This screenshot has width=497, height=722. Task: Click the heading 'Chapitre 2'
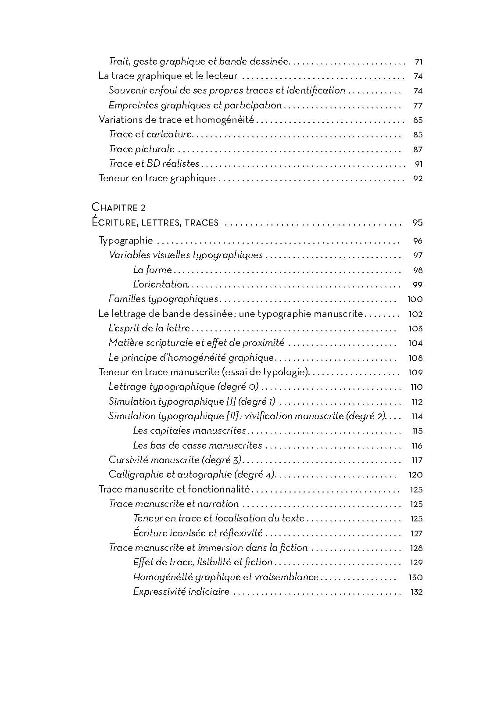pos(118,207)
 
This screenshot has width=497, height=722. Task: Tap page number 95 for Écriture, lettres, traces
pos(417,223)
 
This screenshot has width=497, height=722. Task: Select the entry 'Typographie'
pos(126,241)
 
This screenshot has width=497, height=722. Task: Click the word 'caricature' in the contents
pos(169,134)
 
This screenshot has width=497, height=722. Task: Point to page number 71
pos(418,61)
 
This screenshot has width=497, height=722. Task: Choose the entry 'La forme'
pos(152,270)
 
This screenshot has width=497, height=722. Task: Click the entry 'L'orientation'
pos(161,284)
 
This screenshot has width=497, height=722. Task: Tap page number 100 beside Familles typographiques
pos(415,299)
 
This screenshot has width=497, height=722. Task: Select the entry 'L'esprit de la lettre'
pos(149,328)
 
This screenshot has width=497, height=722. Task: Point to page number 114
pos(416,416)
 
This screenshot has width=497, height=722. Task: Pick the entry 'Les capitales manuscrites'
pos(189,431)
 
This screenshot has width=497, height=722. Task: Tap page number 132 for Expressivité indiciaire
pos(416,592)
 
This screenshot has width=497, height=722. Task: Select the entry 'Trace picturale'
pos(142,149)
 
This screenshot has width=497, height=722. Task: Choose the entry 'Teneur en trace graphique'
pos(157,178)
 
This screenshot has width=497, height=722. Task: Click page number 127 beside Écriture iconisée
pos(416,533)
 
